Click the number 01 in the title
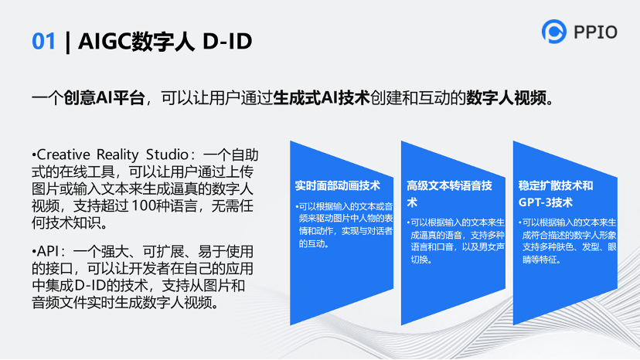point(43,41)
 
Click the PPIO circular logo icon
point(553,32)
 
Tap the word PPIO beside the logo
point(595,32)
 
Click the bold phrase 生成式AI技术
point(322,98)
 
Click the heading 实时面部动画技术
point(338,185)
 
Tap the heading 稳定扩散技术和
point(556,185)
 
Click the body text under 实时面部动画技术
point(345,225)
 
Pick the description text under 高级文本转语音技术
point(457,241)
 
